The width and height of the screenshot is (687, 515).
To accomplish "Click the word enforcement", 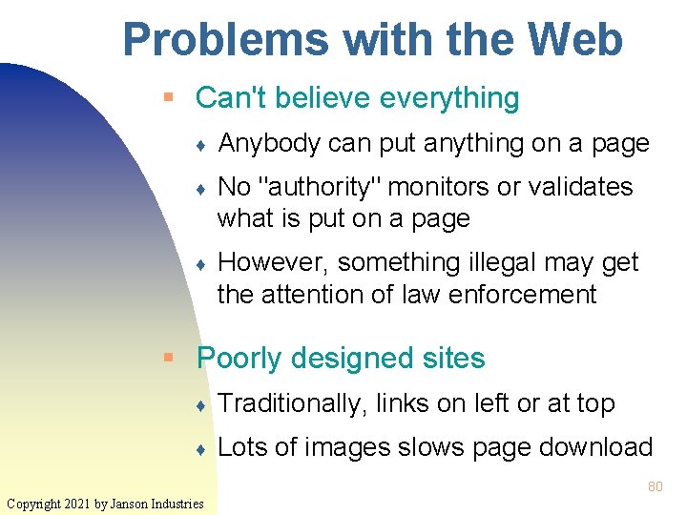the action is [x=525, y=294].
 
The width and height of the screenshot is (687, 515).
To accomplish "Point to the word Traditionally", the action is [x=292, y=403].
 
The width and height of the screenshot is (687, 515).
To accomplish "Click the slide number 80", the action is [x=655, y=486].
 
